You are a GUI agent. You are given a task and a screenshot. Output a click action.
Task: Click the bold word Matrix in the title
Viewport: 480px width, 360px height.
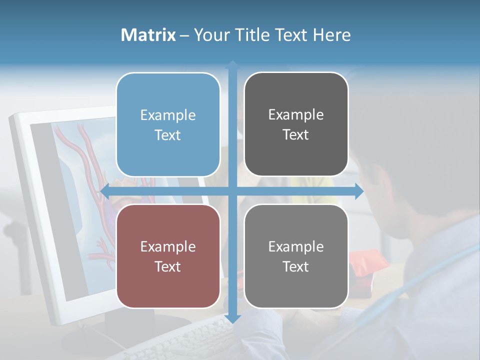pos(148,35)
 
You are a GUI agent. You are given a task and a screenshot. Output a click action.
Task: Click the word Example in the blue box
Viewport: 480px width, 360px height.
pos(168,115)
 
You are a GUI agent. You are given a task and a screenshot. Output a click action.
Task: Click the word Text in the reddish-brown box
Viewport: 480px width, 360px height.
pos(168,267)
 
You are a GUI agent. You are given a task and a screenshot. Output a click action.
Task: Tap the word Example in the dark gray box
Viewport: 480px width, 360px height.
pos(296,115)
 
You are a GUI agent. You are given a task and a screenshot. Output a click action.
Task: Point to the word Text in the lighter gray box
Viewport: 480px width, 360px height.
pos(296,267)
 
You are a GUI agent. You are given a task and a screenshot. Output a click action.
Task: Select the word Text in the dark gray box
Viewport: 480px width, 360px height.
pos(296,135)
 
